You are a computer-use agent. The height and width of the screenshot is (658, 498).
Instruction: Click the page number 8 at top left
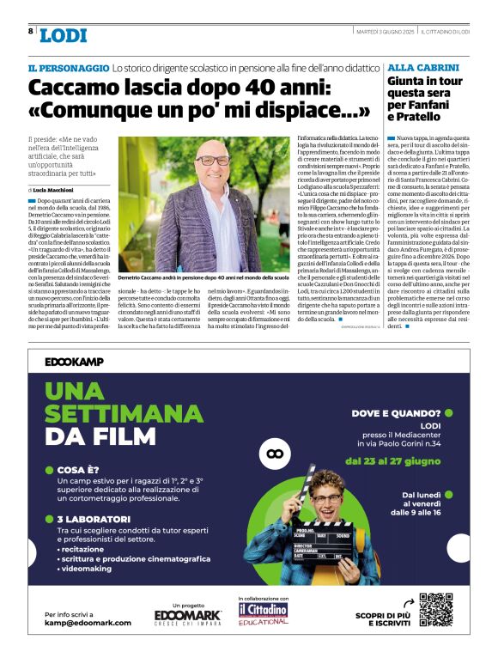(31, 31)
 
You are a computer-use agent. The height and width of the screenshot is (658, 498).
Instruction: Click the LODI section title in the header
(63, 34)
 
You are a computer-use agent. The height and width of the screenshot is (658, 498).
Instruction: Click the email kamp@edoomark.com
(88, 622)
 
